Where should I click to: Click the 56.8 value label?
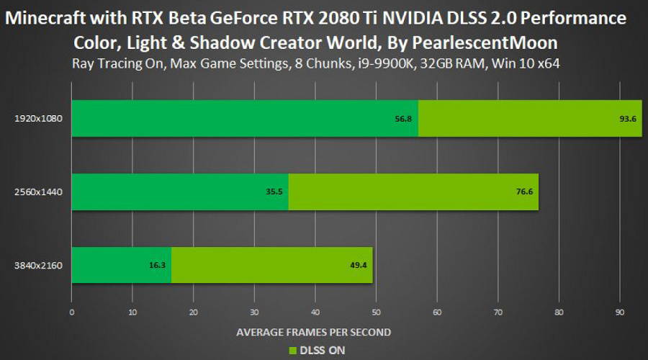point(403,119)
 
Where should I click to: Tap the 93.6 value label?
point(628,119)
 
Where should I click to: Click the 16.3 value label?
point(158,265)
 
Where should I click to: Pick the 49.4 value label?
point(359,265)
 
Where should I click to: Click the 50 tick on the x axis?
point(376,312)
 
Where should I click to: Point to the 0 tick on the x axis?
point(71,312)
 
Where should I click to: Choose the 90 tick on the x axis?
point(620,312)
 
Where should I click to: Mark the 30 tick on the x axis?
point(254,312)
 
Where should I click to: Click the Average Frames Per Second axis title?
point(314,332)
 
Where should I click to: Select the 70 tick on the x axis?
point(498,312)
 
